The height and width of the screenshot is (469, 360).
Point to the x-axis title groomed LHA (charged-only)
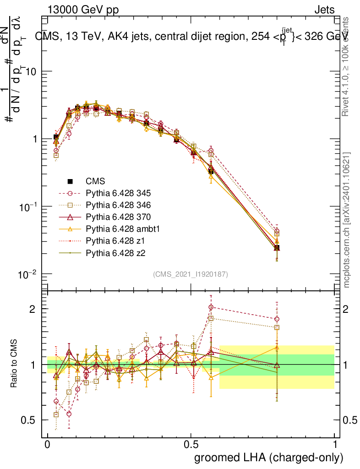pos(269,458)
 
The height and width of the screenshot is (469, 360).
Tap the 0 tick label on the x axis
pos(48,445)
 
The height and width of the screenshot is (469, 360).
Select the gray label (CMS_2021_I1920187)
pos(191,274)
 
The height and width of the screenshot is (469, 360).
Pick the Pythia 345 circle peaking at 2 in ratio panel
pos(211,307)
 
